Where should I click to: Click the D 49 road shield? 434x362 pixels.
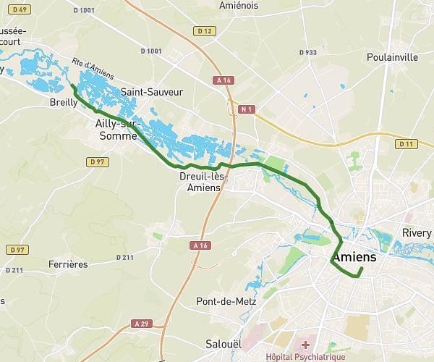pos(21,9)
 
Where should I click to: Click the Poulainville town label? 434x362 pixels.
pos(393,56)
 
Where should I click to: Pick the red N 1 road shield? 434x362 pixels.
pos(247,109)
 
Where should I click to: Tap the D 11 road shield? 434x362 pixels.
pos(406,144)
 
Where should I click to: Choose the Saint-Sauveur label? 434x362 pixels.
pos(152,92)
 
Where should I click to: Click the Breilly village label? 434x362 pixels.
pos(64,104)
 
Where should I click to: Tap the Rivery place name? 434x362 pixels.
pos(417,233)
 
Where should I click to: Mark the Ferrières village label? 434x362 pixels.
pos(69,264)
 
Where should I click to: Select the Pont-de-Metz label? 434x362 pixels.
pos(226,301)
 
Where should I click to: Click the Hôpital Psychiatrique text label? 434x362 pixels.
pos(305,357)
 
